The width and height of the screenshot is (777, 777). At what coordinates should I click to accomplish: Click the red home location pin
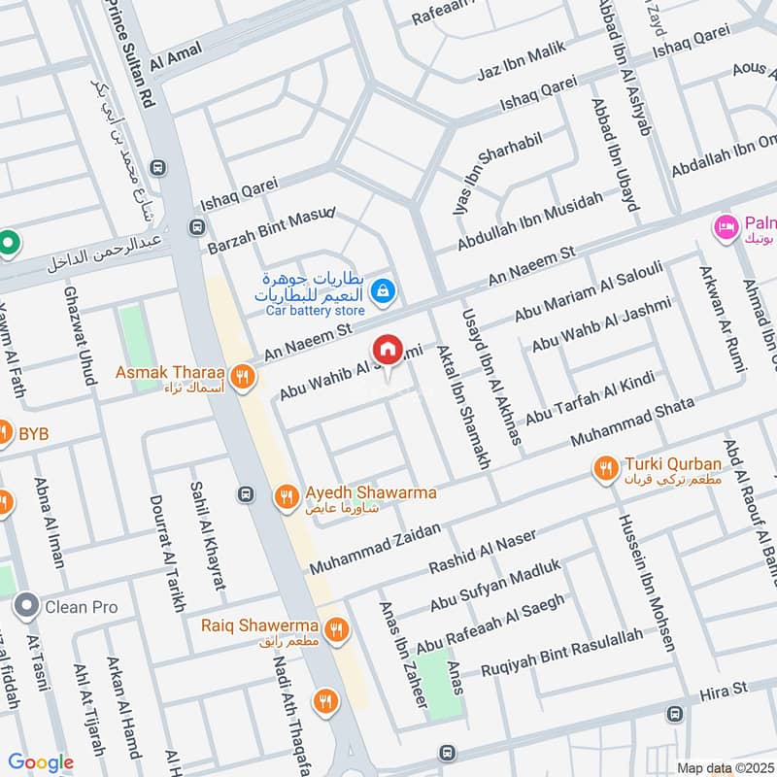[387, 350]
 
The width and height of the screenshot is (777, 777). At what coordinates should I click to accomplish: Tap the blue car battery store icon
[384, 289]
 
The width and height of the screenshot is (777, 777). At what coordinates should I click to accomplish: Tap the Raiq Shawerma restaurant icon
[336, 628]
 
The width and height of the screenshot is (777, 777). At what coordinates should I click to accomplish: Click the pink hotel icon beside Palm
[725, 227]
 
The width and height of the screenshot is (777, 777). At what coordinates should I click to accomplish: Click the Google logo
[41, 762]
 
